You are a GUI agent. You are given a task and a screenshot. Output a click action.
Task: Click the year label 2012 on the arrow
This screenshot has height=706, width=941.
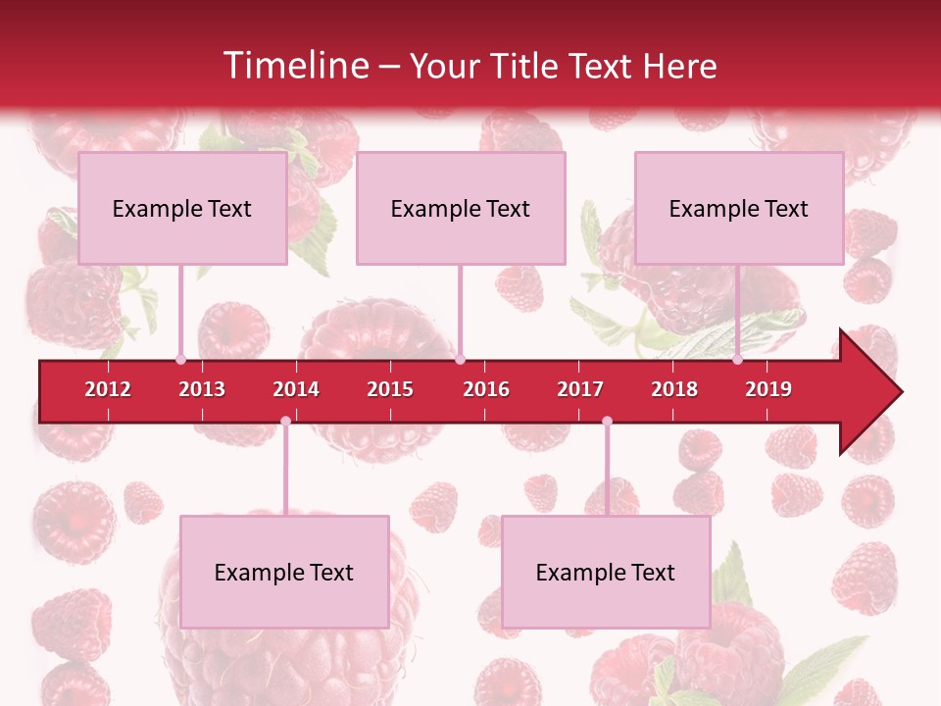click(108, 389)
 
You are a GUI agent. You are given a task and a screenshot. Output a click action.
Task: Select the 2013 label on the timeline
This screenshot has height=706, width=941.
click(202, 389)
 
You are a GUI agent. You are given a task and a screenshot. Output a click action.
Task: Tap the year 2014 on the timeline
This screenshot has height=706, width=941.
click(296, 389)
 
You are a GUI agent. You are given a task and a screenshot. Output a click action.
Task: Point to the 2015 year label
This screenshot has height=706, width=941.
click(390, 389)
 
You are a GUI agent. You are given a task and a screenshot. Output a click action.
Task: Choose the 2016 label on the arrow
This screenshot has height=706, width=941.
click(486, 389)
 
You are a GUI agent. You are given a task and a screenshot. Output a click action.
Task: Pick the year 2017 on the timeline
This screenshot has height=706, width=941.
click(580, 389)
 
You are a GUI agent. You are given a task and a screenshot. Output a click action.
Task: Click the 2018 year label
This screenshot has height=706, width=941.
click(674, 389)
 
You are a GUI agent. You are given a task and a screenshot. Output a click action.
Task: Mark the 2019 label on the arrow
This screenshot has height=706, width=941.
click(768, 389)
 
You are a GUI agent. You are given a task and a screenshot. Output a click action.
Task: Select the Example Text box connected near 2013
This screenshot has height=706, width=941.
click(182, 208)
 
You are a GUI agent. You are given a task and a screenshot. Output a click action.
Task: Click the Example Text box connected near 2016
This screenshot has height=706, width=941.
click(461, 208)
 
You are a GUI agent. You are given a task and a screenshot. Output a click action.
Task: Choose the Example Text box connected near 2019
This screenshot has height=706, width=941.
click(739, 208)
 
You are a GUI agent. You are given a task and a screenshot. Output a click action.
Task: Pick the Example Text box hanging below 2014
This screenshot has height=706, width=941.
click(284, 572)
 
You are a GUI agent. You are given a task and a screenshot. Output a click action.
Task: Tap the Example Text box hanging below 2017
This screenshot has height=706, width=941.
click(606, 572)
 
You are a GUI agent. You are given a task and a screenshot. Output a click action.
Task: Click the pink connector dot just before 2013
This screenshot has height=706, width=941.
click(180, 360)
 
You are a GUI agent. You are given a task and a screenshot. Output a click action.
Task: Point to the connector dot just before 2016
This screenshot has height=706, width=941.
click(460, 360)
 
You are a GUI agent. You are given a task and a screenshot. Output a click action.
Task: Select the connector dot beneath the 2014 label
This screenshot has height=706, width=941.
click(285, 421)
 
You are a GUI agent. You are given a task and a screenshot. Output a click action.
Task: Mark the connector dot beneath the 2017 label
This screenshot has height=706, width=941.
click(607, 421)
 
